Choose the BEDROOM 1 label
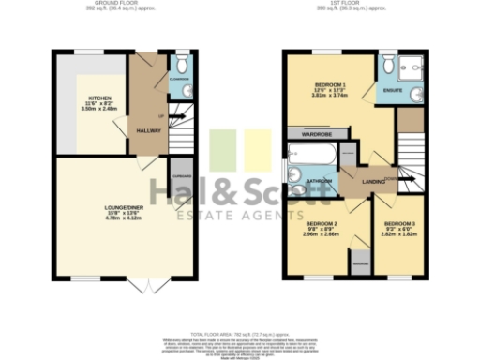(x=330, y=84)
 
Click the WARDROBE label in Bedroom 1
(x=317, y=135)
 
